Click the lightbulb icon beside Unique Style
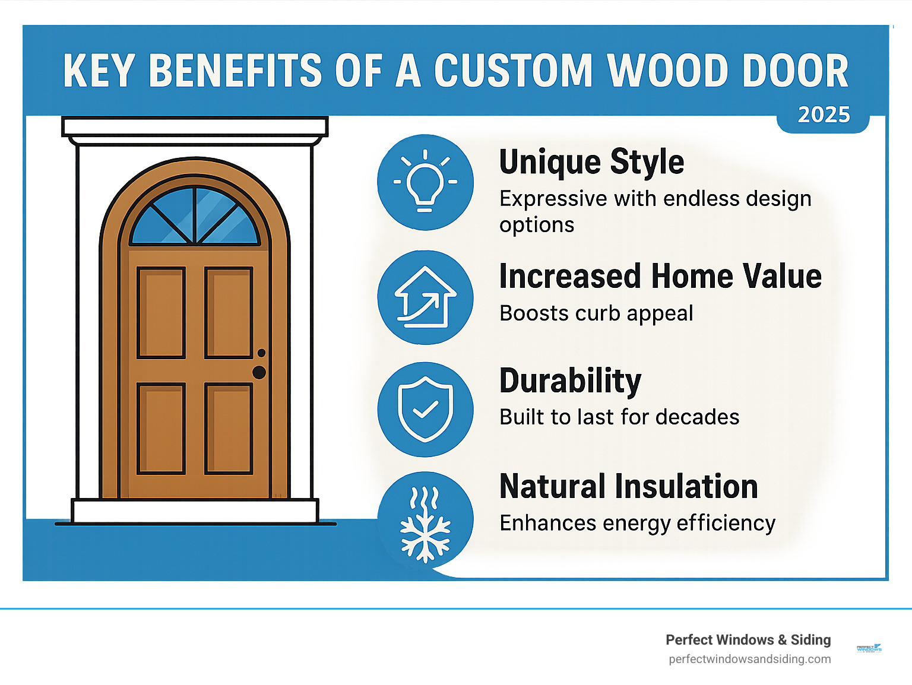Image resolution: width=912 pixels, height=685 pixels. pyautogui.click(x=425, y=182)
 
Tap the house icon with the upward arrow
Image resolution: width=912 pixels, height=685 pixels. pyautogui.click(x=425, y=297)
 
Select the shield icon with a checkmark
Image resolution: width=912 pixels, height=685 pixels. pyautogui.click(x=425, y=409)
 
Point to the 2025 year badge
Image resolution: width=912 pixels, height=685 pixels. pyautogui.click(x=824, y=115)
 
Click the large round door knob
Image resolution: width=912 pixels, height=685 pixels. pyautogui.click(x=259, y=372)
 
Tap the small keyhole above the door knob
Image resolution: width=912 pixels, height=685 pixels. pyautogui.click(x=261, y=353)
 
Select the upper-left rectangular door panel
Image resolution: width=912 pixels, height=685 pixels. pyautogui.click(x=161, y=313)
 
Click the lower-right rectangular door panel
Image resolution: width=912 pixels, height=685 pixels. pyautogui.click(x=229, y=429)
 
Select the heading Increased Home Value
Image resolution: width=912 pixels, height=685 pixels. pyautogui.click(x=660, y=277)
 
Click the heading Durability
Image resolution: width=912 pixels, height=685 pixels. pyautogui.click(x=570, y=381)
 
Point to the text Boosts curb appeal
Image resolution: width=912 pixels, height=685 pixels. pyautogui.click(x=596, y=313)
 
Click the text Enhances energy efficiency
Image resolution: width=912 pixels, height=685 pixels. pyautogui.click(x=637, y=523)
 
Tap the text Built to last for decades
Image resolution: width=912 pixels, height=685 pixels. pyautogui.click(x=619, y=417)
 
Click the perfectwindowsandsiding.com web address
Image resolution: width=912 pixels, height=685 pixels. pyautogui.click(x=749, y=659)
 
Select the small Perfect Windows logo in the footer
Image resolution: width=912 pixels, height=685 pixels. pyautogui.click(x=869, y=648)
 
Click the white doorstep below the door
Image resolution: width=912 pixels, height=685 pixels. pyautogui.click(x=195, y=510)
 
